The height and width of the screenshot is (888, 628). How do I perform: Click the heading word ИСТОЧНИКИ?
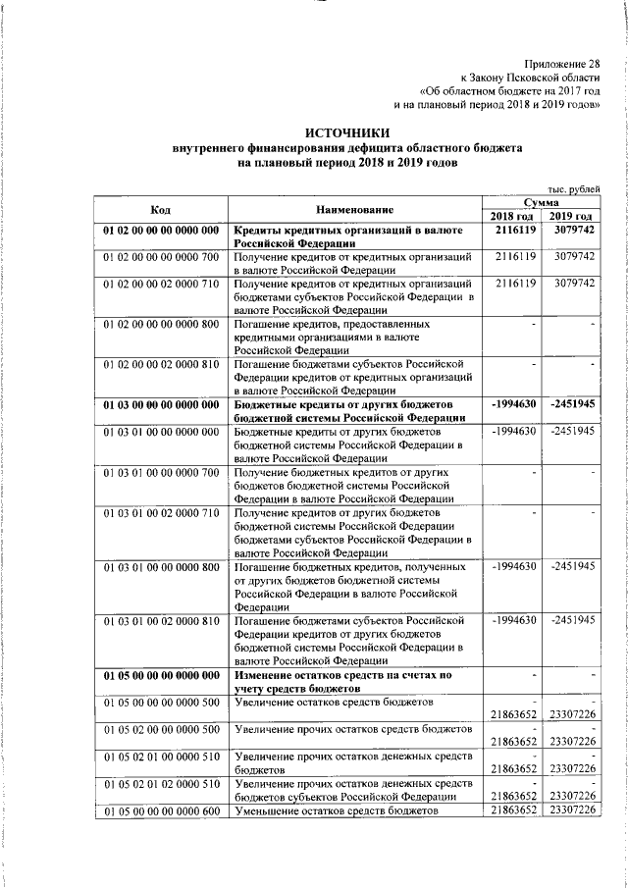click(x=346, y=132)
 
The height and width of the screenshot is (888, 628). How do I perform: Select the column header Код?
click(x=160, y=209)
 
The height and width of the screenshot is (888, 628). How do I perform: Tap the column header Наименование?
click(x=355, y=209)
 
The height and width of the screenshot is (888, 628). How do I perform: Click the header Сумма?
click(x=542, y=201)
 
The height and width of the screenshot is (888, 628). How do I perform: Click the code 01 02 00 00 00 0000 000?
click(x=161, y=231)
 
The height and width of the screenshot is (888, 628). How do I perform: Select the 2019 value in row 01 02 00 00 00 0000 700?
click(x=573, y=256)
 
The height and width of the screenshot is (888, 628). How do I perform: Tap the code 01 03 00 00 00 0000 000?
click(x=161, y=405)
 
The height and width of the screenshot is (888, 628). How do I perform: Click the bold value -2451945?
click(x=573, y=405)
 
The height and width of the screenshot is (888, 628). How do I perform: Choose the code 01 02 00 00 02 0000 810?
click(x=161, y=364)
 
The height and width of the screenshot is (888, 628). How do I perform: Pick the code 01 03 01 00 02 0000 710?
click(x=161, y=513)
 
